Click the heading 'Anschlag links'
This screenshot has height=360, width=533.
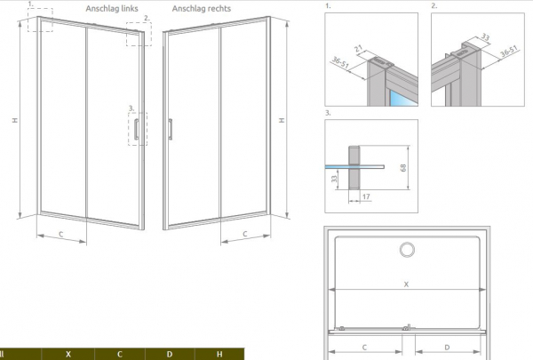(x=112, y=9)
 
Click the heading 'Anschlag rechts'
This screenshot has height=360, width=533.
(x=202, y=9)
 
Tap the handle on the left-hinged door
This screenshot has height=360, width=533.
(x=136, y=129)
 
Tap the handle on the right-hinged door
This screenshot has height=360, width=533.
(x=171, y=129)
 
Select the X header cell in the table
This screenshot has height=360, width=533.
(x=68, y=354)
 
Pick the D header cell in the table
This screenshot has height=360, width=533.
(x=170, y=354)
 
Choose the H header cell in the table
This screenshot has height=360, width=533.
(x=219, y=354)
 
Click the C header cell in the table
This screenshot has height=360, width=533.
(x=120, y=354)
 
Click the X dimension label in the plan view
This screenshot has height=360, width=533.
(x=406, y=284)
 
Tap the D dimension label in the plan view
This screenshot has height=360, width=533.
(x=447, y=347)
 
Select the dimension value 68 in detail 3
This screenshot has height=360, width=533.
(x=403, y=168)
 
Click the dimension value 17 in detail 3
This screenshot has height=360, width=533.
(x=366, y=196)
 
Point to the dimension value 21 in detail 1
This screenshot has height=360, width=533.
(x=359, y=49)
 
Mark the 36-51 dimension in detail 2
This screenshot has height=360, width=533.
(x=508, y=51)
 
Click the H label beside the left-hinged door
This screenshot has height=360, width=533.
(x=15, y=120)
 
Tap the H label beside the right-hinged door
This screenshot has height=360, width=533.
(x=282, y=120)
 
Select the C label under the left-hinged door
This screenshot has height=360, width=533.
(x=60, y=234)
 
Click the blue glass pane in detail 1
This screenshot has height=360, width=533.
(x=403, y=99)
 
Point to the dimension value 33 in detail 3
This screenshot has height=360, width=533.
(x=335, y=178)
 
